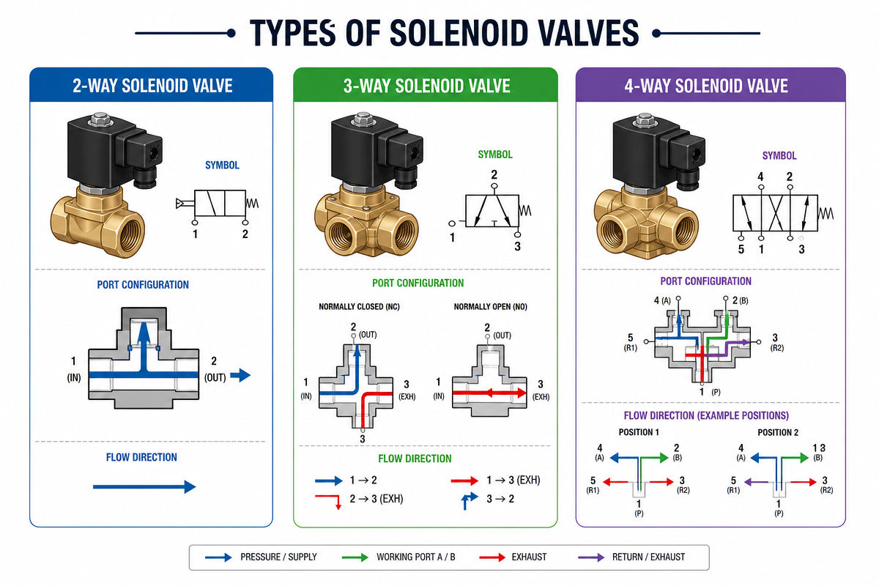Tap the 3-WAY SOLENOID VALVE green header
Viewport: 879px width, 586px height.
point(426,86)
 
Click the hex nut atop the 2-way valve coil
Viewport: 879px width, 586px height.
point(100,119)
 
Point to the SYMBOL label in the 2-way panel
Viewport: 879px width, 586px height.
point(222,166)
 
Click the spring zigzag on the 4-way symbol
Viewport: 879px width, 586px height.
point(826,213)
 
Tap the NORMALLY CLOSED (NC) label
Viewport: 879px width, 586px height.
point(359,306)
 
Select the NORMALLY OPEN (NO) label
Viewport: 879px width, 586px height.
point(491,306)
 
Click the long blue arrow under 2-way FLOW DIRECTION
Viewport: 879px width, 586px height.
point(144,486)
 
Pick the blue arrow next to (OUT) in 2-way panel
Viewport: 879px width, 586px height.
point(240,375)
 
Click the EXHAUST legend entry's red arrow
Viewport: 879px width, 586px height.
point(492,557)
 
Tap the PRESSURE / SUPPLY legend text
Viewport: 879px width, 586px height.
point(278,557)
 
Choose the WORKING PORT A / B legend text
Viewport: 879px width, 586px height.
point(416,557)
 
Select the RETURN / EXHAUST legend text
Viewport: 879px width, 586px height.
point(649,557)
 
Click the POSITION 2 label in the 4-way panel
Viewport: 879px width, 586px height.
point(778,432)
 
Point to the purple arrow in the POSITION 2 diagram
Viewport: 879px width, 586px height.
point(756,482)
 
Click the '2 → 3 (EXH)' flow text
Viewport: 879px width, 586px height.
point(377,499)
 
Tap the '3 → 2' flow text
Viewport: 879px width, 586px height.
point(500,499)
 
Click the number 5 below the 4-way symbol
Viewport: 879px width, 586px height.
point(741,249)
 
